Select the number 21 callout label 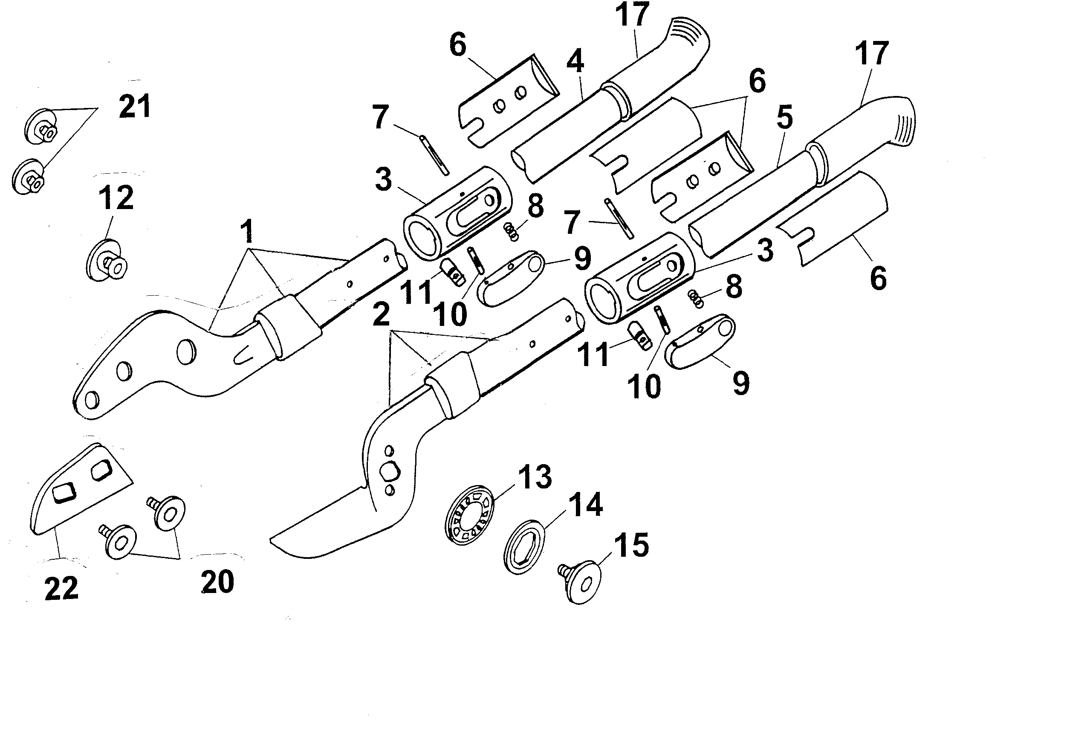[135, 107]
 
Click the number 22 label [61, 589]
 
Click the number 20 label [217, 581]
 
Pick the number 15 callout [631, 545]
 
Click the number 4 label [575, 61]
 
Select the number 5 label [784, 118]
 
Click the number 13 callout [535, 476]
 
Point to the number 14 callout [586, 505]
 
